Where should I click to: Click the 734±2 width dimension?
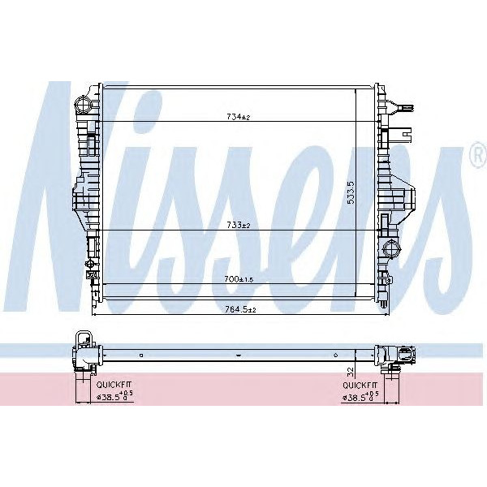coord(237,117)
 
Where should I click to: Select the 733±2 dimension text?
coord(237,225)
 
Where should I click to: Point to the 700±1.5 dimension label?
coord(237,278)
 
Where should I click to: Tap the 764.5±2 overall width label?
coord(239,309)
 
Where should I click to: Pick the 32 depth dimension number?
coord(350,370)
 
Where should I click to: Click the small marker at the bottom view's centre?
coord(237,354)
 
